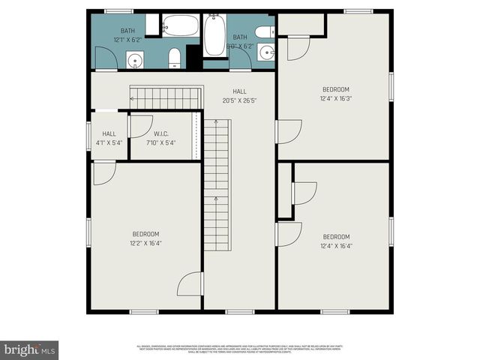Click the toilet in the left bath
174,57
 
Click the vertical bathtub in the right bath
214,35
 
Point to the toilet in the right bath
264,31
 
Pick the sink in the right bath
269,52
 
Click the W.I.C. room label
161,133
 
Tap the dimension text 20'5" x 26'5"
240,100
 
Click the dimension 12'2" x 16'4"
146,243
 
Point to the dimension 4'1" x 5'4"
109,142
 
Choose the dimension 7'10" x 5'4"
161,142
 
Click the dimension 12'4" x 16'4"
336,245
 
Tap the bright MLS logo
29,349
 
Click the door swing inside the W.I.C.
140,126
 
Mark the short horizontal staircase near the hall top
166,97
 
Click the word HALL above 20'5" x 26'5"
240,91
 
